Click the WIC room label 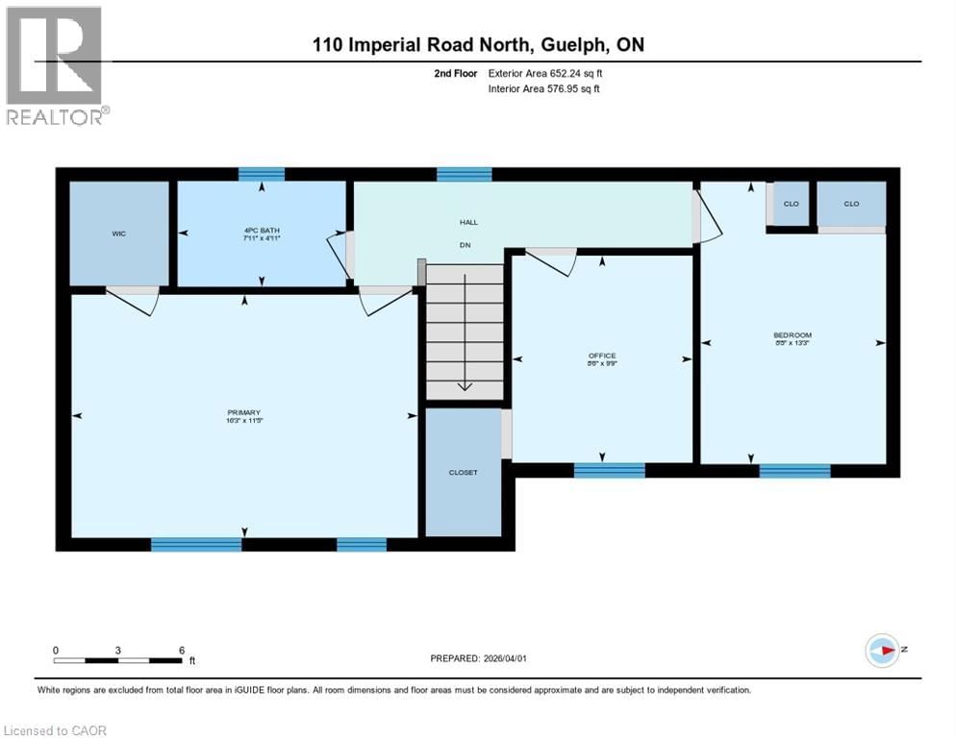pyautogui.click(x=118, y=232)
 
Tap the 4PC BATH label pyautogui.click(x=262, y=232)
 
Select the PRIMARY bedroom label pyautogui.click(x=244, y=413)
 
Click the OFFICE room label pyautogui.click(x=603, y=357)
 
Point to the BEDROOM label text pyautogui.click(x=792, y=335)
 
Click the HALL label pyautogui.click(x=467, y=222)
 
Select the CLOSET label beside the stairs pyautogui.click(x=463, y=472)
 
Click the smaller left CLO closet pyautogui.click(x=791, y=205)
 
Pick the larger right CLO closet pyautogui.click(x=851, y=204)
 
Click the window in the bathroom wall pyautogui.click(x=262, y=174)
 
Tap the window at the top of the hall pyautogui.click(x=465, y=174)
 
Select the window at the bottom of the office pyautogui.click(x=609, y=470)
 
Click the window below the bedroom pyautogui.click(x=794, y=470)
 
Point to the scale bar pyautogui.click(x=117, y=660)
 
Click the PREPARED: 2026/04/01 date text pyautogui.click(x=478, y=658)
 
